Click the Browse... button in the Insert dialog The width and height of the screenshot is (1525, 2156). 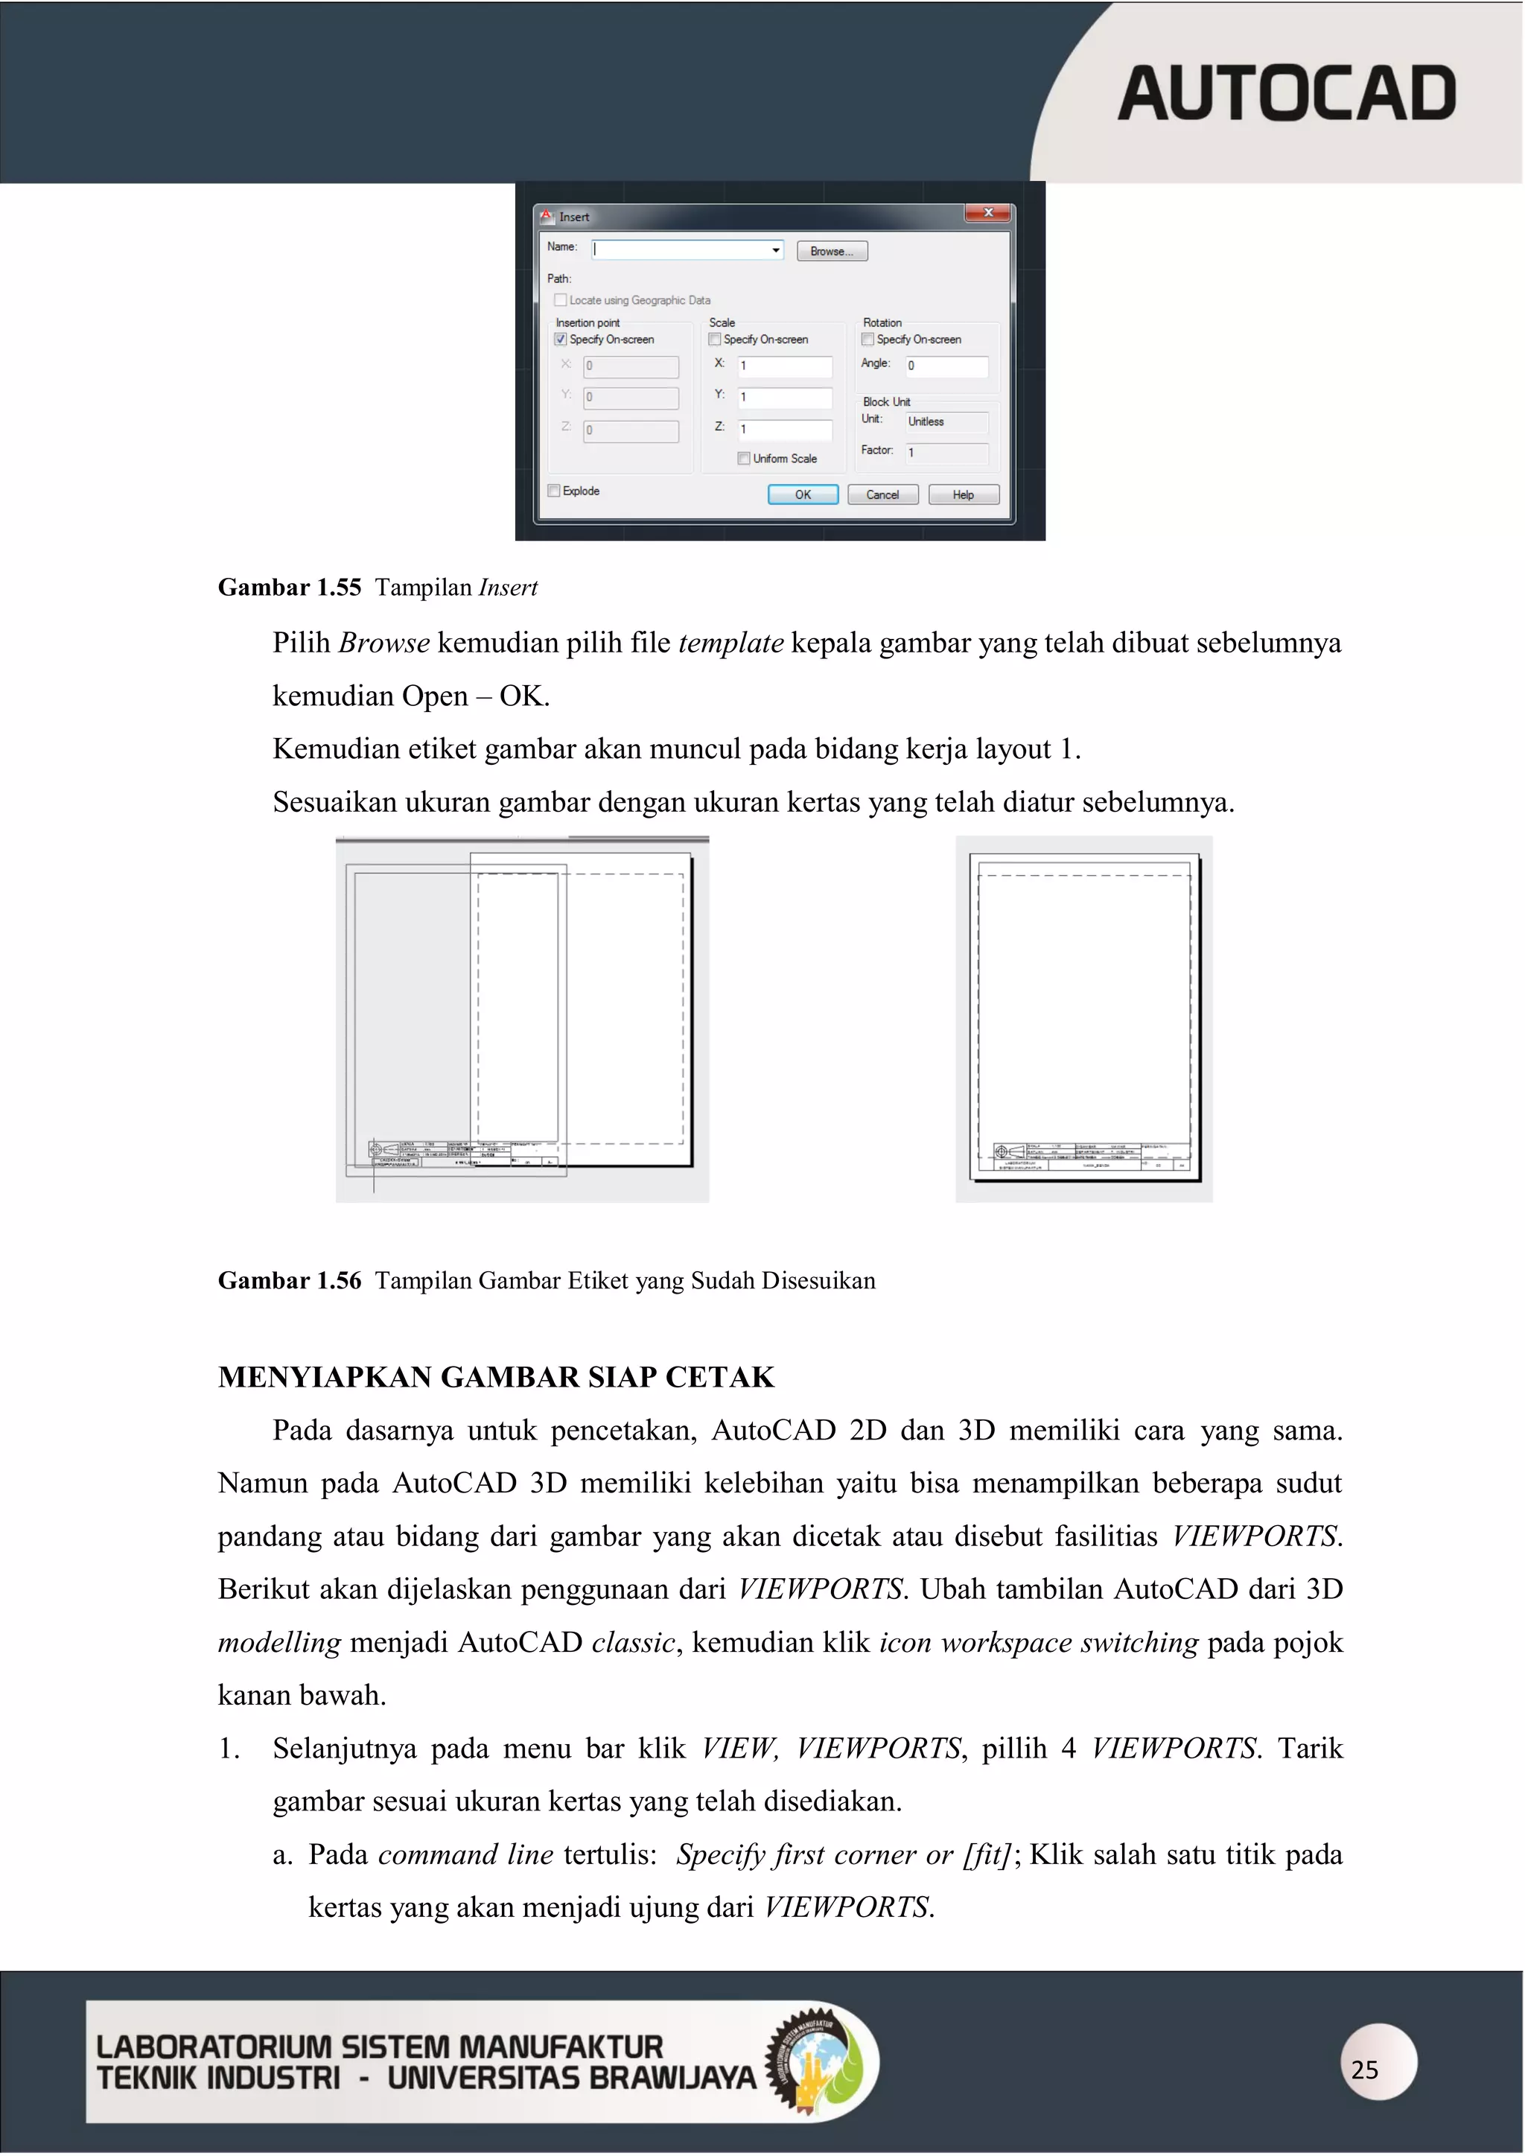(831, 251)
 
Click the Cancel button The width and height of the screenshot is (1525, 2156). (882, 495)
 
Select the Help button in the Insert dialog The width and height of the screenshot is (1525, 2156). (963, 495)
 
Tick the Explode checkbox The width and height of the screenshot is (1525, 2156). (554, 491)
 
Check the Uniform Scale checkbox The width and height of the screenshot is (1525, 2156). (744, 459)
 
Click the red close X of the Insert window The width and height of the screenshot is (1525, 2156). (988, 214)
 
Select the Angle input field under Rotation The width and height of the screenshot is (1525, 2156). (946, 366)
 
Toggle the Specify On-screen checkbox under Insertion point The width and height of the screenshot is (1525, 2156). (561, 340)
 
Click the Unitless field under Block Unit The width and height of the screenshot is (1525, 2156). (946, 422)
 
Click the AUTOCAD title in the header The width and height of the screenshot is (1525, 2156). (1287, 94)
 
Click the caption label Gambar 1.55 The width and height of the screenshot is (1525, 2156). (289, 588)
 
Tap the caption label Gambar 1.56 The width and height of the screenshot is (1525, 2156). (289, 1281)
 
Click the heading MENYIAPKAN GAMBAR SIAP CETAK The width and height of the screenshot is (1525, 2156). (496, 1378)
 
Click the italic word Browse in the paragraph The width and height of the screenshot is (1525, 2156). (383, 643)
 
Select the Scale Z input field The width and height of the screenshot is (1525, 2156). (784, 430)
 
